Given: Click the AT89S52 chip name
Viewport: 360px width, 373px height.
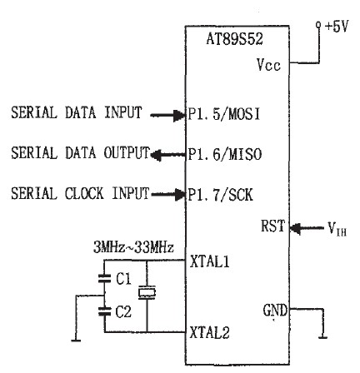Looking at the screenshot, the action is coord(234,39).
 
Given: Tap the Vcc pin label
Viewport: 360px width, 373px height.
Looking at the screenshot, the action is coord(268,65).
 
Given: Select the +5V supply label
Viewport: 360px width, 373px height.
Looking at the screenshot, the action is coord(337,27).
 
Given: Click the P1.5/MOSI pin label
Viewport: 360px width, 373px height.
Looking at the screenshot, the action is coord(224,114).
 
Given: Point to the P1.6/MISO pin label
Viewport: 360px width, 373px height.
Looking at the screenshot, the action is coord(225,154).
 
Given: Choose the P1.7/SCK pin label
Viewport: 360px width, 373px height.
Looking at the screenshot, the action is coord(221,195).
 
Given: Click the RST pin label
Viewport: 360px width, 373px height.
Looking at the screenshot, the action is coord(273,226).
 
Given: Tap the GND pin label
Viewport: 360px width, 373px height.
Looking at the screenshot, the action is coord(275,310).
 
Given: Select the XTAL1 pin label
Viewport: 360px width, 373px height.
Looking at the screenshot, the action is coord(210,261).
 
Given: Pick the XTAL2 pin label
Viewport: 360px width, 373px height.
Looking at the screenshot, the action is coord(210,332).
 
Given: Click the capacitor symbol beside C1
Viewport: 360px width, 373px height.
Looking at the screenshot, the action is coord(104,278).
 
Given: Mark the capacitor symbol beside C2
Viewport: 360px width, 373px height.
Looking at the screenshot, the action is coord(104,311).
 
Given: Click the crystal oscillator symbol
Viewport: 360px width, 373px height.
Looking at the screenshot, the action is coord(147,293).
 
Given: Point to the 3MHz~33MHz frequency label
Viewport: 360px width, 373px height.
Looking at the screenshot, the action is coord(133,247).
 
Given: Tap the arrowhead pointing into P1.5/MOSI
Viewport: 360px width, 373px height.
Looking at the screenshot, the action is coord(179,115).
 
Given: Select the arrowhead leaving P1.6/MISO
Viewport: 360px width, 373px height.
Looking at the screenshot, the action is coord(156,155).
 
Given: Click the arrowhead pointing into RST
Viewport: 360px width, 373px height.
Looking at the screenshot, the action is coord(295,228).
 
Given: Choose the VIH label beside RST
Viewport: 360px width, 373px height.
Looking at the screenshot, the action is coord(337,229).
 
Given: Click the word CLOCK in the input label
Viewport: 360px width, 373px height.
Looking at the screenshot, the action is coord(84,193).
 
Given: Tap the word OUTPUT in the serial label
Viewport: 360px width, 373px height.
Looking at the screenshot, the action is coord(127,152).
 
